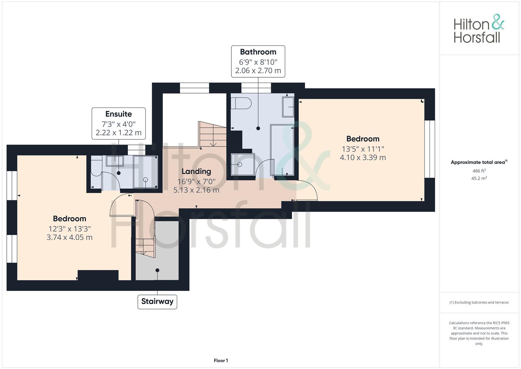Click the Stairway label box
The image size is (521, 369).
tap(157, 302)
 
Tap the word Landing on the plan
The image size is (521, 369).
tap(196, 172)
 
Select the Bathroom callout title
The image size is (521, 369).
tap(258, 52)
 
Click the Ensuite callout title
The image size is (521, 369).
tap(119, 114)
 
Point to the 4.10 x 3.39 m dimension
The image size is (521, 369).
tap(363, 158)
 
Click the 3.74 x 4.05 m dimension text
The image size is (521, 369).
tap(70, 237)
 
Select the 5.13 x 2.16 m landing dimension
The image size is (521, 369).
tap(196, 190)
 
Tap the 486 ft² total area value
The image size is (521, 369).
tap(479, 171)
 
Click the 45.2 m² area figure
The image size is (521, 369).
tap(479, 178)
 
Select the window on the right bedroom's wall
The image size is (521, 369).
tap(430, 149)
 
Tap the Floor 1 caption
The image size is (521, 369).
tap(221, 360)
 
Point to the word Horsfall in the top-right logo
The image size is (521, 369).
tap(477, 37)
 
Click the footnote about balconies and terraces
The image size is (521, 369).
tap(479, 302)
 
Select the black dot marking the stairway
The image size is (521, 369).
tap(158, 270)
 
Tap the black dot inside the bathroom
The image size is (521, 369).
tap(258, 128)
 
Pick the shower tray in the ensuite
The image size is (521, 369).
tap(146, 172)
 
